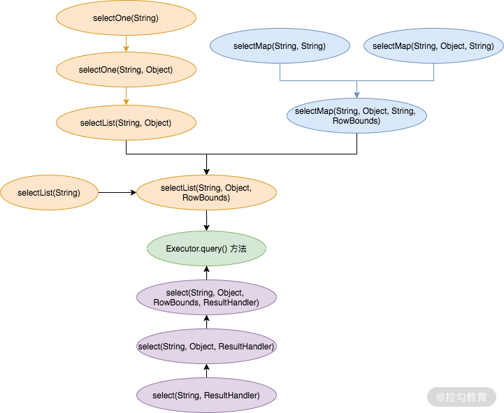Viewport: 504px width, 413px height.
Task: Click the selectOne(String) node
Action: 126,19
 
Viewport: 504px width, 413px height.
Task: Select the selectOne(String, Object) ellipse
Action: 126,69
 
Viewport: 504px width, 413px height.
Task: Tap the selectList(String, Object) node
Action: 126,123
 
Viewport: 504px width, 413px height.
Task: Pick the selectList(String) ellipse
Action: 49,193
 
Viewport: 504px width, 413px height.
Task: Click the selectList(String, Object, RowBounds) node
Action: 206,193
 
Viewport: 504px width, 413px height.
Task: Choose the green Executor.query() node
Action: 206,249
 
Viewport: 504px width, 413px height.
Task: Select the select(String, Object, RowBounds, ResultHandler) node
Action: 206,297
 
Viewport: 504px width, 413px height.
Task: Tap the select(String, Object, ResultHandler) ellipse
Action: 206,347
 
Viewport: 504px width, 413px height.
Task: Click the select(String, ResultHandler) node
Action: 206,396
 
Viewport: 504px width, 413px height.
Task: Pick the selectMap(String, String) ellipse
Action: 279,46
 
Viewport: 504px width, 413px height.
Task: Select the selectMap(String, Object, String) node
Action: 433,46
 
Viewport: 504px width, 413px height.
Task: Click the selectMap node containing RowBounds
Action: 356,116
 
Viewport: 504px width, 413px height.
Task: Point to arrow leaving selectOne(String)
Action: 126,44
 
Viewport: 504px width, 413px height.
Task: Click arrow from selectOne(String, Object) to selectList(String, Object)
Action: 126,96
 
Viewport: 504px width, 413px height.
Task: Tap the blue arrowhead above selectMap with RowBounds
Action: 356,94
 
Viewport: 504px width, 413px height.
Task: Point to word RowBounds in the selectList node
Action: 206,198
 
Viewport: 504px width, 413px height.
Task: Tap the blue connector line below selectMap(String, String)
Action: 280,72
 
